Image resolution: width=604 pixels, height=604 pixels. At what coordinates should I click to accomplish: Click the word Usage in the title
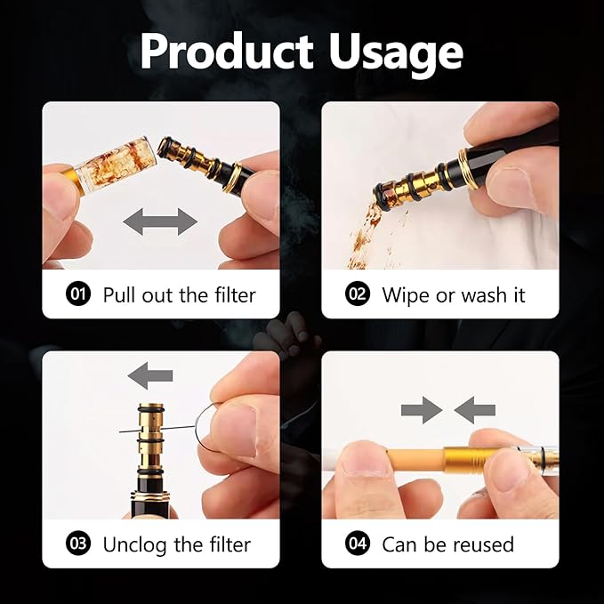397,53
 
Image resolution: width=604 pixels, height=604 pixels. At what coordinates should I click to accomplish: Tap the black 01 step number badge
80,294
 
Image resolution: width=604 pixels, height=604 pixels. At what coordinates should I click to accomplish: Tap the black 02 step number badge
358,294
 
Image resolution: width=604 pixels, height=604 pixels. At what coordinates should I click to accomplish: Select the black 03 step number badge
80,544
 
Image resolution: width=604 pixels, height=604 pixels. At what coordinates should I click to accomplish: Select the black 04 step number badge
358,544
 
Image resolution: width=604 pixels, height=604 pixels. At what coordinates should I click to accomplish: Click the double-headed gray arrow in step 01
161,221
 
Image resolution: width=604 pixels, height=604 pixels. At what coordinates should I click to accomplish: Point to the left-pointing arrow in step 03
149,377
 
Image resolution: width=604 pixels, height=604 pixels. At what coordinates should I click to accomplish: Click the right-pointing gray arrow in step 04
421,410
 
